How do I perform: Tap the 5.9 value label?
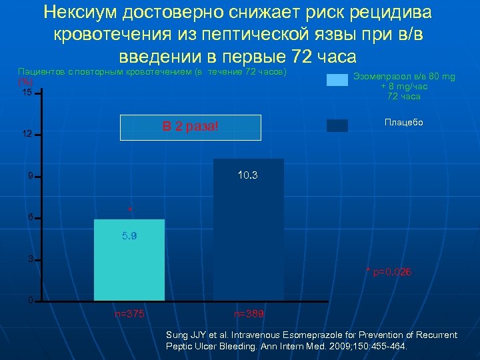click(x=129, y=236)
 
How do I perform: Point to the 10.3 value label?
click(x=247, y=176)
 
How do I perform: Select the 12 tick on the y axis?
click(x=26, y=134)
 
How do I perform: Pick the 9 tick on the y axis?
click(x=29, y=177)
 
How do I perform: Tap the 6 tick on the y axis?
click(x=29, y=217)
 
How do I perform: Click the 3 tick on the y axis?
click(x=29, y=259)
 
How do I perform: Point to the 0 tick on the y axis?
click(x=29, y=300)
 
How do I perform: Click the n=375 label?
click(x=129, y=313)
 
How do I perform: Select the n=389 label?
click(x=249, y=313)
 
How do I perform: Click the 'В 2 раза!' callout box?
click(x=191, y=127)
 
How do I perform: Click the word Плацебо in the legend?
click(x=403, y=123)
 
